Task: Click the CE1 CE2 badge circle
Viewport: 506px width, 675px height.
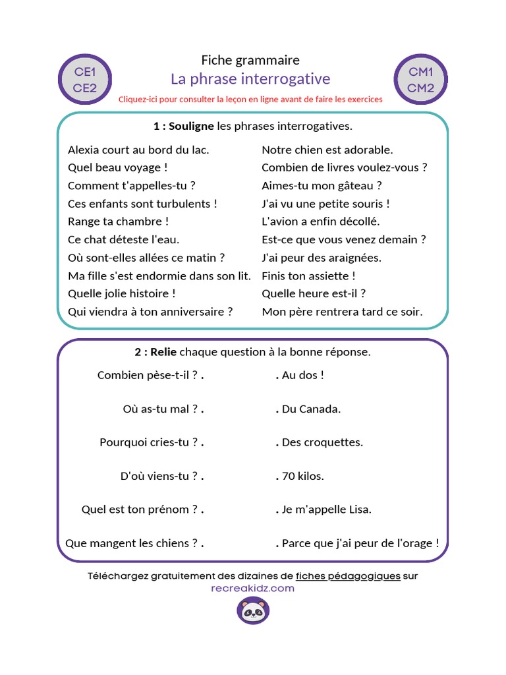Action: pos(85,80)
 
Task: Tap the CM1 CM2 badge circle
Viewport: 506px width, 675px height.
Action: pos(420,80)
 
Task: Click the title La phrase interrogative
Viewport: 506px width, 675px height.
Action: pos(250,79)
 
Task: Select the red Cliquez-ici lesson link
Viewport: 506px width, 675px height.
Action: pos(250,100)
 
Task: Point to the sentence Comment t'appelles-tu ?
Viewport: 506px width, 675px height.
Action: pos(132,186)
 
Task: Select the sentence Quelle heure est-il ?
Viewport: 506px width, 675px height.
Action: pos(314,293)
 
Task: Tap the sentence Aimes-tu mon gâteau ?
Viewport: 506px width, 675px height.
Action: pos(322,186)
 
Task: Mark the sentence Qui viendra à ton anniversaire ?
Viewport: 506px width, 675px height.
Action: pos(150,312)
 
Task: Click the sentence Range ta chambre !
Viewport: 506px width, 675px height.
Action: pos(119,221)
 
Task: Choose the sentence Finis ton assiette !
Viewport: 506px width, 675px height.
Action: pos(308,276)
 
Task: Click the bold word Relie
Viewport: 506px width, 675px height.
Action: pos(163,352)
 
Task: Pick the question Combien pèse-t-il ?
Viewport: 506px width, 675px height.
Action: pos(148,375)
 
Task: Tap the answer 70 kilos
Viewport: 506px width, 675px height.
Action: pos(302,476)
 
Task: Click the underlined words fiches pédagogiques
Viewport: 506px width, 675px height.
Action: pos(348,575)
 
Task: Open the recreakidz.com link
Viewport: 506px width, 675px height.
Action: pos(253,588)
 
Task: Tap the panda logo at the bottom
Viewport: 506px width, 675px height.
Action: pos(253,611)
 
